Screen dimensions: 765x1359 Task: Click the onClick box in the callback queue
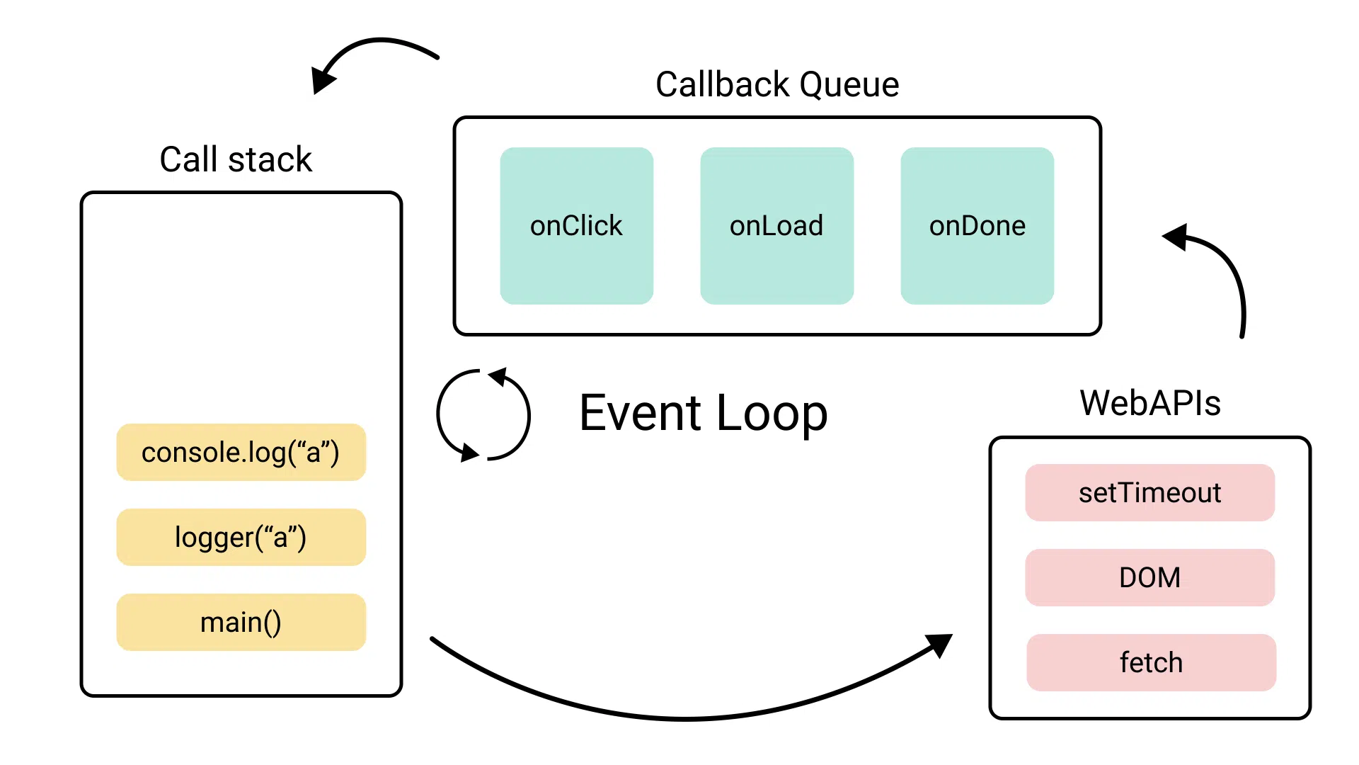coord(576,226)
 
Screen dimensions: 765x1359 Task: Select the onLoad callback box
coord(776,226)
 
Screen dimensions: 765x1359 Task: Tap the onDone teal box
coord(977,226)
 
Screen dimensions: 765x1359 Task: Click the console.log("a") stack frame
coord(241,453)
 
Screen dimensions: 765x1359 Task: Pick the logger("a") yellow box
coord(241,538)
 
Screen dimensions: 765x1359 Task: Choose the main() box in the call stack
coord(241,623)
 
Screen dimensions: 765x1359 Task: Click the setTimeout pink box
coord(1149,493)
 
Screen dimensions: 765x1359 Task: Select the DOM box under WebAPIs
coord(1149,578)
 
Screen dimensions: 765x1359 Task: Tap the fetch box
coord(1151,663)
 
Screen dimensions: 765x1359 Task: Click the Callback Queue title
coord(776,84)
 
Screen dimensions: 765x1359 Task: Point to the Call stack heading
coord(236,159)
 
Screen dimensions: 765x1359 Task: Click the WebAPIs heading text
coord(1149,403)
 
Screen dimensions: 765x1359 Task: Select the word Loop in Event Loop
coord(772,413)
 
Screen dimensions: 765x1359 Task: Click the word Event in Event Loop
coord(640,413)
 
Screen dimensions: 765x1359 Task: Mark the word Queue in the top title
coord(849,84)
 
